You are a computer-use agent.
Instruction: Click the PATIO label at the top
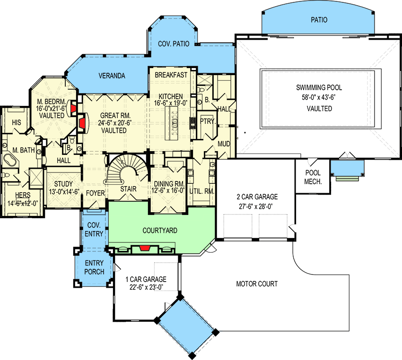319,20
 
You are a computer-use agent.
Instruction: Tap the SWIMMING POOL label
319,87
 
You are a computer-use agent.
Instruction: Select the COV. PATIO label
173,43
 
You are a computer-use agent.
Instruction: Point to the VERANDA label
112,76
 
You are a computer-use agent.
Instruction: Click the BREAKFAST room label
171,75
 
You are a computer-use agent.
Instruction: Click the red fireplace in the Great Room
82,123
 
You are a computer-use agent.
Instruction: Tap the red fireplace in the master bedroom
73,108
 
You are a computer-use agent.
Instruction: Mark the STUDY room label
62,184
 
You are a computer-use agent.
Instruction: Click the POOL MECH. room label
313,176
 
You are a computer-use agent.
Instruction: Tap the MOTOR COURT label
257,284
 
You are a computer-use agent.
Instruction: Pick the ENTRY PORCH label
94,268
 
